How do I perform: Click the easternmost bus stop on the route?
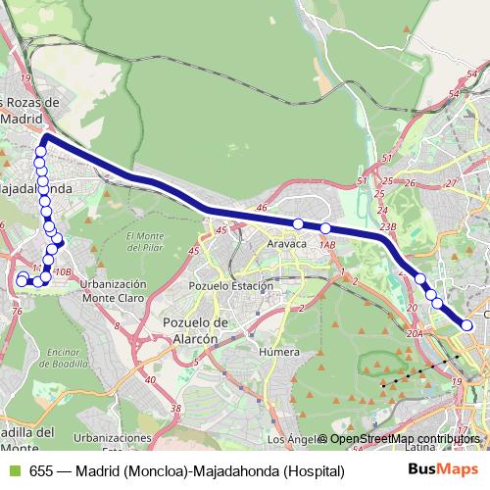coord(467,324)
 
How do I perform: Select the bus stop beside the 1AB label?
coord(325,228)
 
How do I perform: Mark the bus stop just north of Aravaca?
coord(298,224)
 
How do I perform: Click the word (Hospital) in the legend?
coord(316,470)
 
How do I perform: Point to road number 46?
coord(261,208)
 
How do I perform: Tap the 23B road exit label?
coord(388,225)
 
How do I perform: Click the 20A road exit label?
coord(415,334)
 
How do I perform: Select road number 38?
coord(175,408)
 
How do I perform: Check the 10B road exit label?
coord(63,271)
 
